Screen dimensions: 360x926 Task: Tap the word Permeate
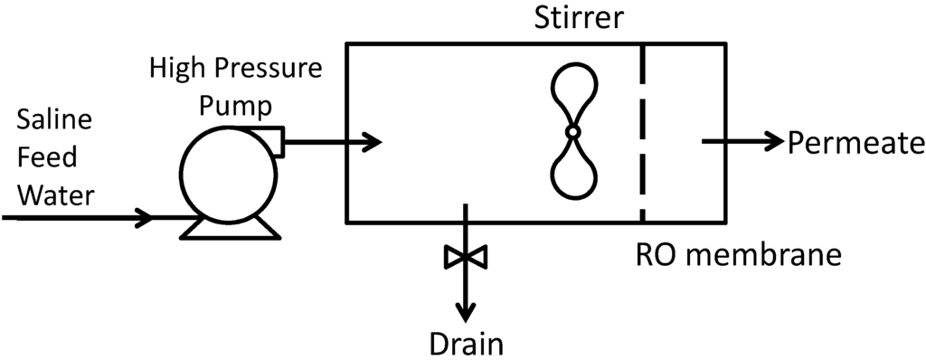[855, 142]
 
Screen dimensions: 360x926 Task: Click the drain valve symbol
[466, 258]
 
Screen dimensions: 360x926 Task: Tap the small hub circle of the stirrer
[572, 133]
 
